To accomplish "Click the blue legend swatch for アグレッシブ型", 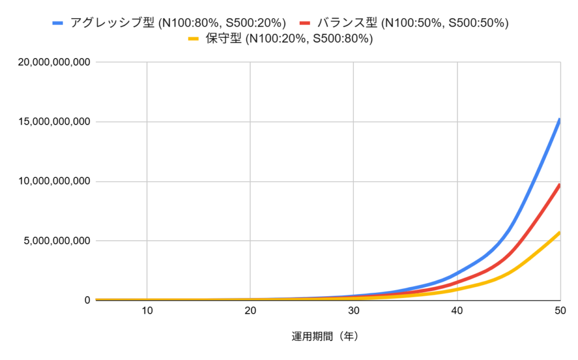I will pos(58,23).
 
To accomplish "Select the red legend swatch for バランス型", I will pos(305,23).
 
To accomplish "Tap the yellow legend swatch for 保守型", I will pos(194,39).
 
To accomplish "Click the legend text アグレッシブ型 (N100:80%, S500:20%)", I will pos(178,23).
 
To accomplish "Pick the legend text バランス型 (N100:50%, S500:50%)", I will pos(413,23).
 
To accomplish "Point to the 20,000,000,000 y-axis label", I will pos(54,62).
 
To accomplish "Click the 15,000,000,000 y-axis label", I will pos(54,122).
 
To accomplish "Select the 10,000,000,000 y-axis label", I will pos(54,182).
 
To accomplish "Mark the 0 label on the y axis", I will pos(87,300).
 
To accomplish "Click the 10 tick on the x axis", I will pos(147,310).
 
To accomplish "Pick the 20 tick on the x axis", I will pos(250,310).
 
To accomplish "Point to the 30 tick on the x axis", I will pos(353,310).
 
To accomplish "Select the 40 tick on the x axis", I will pos(457,310).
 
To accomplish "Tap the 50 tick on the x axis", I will pos(559,310).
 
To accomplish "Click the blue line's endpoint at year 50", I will pos(559,119).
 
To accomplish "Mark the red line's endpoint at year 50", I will pos(559,185).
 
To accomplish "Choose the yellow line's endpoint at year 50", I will pos(559,232).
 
